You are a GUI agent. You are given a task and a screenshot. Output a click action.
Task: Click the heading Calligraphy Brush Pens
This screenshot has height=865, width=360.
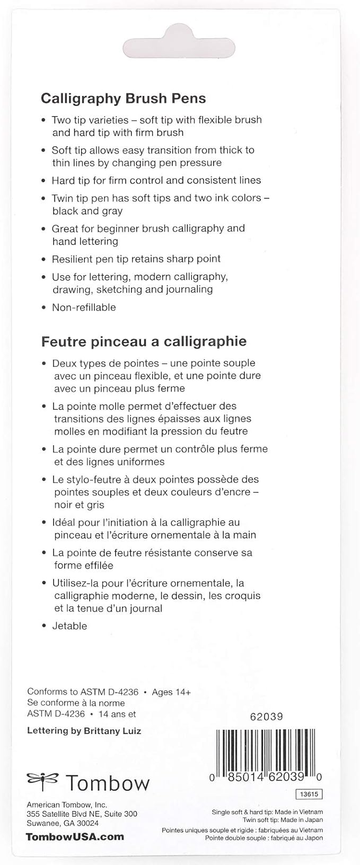pyautogui.click(x=123, y=99)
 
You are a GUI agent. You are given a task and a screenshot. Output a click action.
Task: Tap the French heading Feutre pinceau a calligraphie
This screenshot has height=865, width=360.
pyautogui.click(x=144, y=341)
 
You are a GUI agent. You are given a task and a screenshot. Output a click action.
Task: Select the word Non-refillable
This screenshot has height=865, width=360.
pyautogui.click(x=84, y=307)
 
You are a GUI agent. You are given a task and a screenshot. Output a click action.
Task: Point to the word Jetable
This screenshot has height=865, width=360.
pyautogui.click(x=69, y=626)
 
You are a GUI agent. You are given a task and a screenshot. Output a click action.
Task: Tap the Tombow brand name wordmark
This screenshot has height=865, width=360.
pyautogui.click(x=108, y=783)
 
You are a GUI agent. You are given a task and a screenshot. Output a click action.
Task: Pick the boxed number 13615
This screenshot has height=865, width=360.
pyautogui.click(x=309, y=795)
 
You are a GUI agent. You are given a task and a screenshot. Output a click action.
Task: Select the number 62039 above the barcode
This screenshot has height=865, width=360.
pyautogui.click(x=266, y=717)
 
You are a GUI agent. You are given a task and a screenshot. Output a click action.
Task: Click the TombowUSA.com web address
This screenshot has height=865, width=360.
pyautogui.click(x=75, y=837)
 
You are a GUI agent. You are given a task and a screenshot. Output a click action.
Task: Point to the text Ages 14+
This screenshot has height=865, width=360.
pyautogui.click(x=171, y=692)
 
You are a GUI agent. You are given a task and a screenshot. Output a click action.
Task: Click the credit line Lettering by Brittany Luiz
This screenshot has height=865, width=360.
pyautogui.click(x=84, y=731)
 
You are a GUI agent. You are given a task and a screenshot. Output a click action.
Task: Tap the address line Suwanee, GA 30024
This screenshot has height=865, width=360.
pyautogui.click(x=63, y=823)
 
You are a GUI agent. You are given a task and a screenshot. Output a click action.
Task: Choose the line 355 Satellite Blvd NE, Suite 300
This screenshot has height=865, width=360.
pyautogui.click(x=82, y=814)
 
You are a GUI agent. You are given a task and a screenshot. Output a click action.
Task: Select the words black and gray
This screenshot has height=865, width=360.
pyautogui.click(x=87, y=211)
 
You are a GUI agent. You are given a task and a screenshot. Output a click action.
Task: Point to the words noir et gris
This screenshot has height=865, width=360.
pyautogui.click(x=79, y=505)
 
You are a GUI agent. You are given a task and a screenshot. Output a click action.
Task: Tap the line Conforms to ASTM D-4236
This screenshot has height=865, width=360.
pyautogui.click(x=83, y=692)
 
